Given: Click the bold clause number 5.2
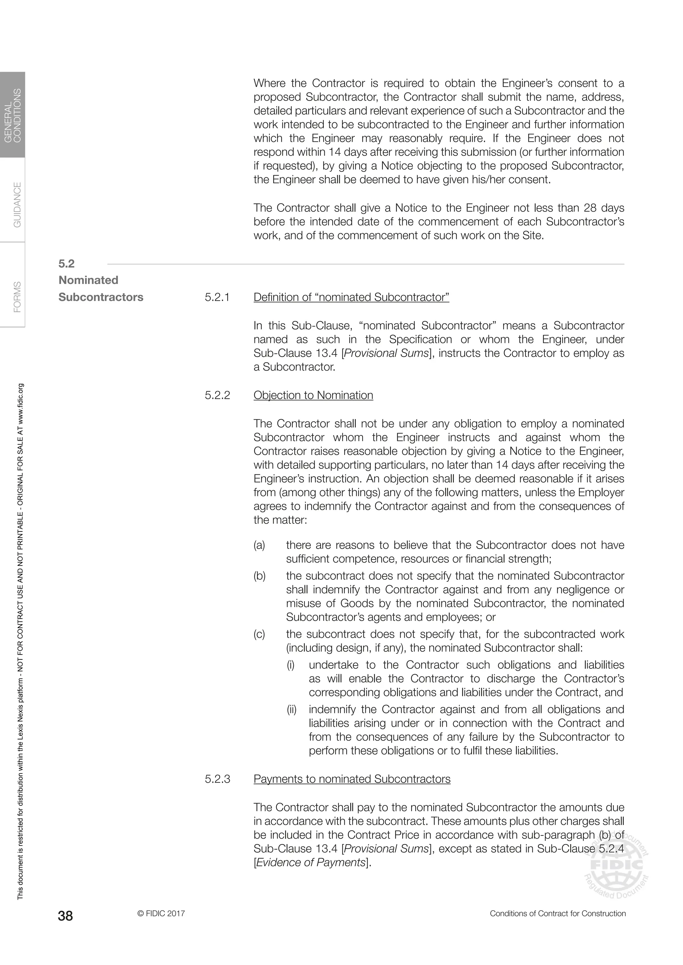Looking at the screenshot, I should click(x=66, y=264).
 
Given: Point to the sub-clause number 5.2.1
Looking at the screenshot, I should click(x=217, y=297).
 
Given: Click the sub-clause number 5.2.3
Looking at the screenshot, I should click(x=217, y=779).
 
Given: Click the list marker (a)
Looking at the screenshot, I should click(x=259, y=545).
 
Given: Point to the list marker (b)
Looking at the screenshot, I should click(x=259, y=576).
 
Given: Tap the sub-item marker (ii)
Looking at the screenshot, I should click(x=291, y=709).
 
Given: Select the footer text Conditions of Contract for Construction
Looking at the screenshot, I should click(x=558, y=913).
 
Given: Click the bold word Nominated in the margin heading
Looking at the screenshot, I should click(x=88, y=280).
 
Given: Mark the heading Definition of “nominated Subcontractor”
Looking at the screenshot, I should click(x=351, y=297).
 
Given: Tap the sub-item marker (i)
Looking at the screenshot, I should click(x=290, y=665).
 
